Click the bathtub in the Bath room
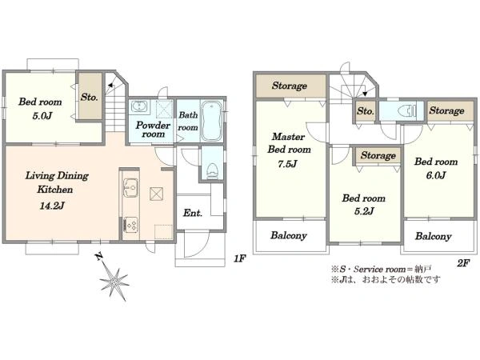pos(211,121)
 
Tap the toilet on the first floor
pos(212,170)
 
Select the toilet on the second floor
pos(407,110)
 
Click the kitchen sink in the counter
pos(130,187)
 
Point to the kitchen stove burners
pos(130,225)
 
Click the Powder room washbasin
pos(139,106)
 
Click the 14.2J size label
pos(52,206)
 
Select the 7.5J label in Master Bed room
pos(287,164)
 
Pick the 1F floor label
pos(240,258)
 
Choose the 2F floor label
pos(463,262)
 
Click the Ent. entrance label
pos(193,213)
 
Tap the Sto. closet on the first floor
pos(89,97)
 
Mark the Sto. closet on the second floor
pos(366,111)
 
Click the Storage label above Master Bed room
pos(290,86)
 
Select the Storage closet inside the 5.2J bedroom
pos(378,155)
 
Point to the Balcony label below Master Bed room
pos(289,235)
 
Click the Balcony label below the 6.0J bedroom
pos(433,236)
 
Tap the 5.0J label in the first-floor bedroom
pos(42,116)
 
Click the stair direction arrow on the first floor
pos(110,86)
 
